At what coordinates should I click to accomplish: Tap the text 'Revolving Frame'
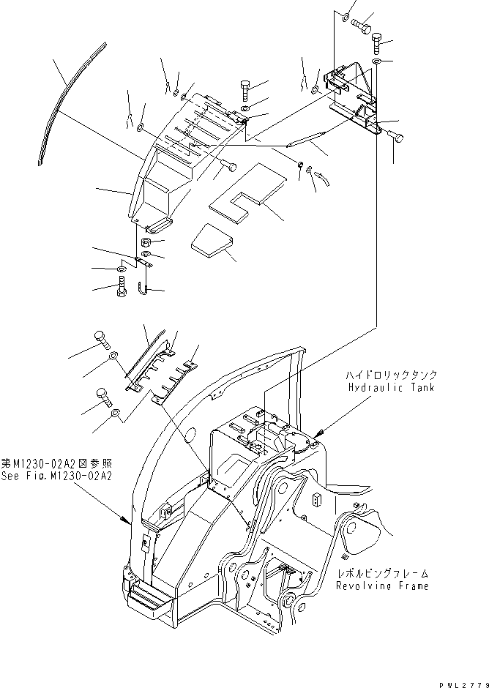pos(382,586)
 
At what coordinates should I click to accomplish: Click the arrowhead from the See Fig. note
pos(126,521)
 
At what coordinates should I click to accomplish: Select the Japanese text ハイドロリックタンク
pos(392,375)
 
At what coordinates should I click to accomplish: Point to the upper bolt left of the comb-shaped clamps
pos(102,338)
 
